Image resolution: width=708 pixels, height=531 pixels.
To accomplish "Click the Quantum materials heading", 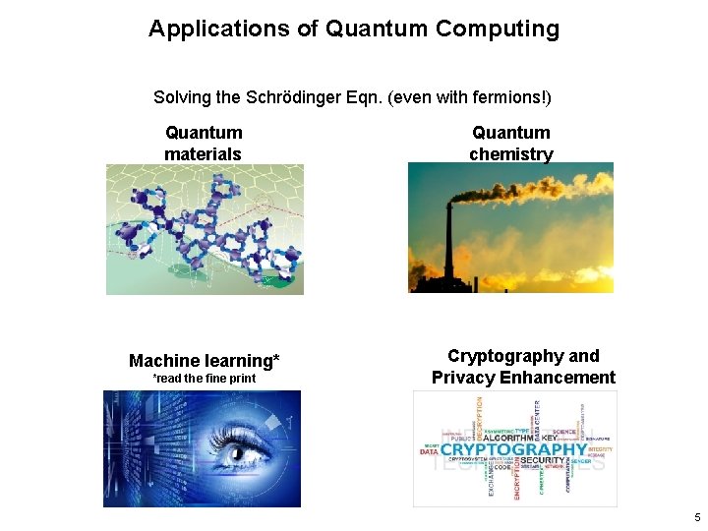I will [x=204, y=144].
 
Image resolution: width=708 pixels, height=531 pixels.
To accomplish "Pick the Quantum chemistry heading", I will [x=510, y=144].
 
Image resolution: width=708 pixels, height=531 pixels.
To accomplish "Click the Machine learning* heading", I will [x=204, y=361].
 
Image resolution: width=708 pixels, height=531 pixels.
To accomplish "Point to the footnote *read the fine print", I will [x=204, y=379].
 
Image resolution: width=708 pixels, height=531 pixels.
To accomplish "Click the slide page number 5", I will [x=697, y=517].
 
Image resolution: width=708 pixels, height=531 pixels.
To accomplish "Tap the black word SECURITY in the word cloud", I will [x=542, y=460].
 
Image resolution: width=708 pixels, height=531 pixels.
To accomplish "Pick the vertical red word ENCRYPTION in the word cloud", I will [x=517, y=481].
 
